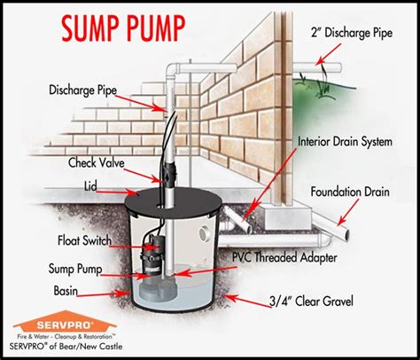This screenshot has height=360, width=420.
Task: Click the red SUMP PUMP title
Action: tap(123, 28)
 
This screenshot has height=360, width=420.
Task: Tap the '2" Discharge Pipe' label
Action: tap(352, 33)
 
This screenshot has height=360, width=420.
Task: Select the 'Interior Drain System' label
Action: tap(345, 142)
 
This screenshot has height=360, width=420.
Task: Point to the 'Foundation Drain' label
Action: tap(350, 192)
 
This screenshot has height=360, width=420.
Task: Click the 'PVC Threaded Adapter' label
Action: tap(284, 257)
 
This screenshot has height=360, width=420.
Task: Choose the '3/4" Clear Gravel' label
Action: tap(311, 301)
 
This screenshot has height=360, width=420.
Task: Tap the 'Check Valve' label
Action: tap(97, 163)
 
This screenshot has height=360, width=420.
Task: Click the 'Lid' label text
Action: tap(90, 186)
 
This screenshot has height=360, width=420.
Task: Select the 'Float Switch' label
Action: tap(84, 240)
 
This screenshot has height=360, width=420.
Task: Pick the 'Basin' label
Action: tap(66, 291)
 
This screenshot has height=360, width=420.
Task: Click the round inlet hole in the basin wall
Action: tap(204, 233)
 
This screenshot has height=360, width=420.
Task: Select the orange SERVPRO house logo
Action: tap(65, 322)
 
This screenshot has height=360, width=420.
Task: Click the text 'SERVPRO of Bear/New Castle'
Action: tap(66, 346)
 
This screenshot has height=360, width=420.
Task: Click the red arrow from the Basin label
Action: tap(102, 294)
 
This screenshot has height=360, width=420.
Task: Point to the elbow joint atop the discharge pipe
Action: tap(172, 69)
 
